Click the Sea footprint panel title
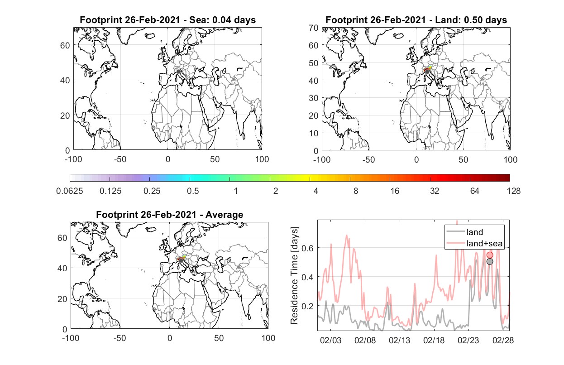(x=167, y=20)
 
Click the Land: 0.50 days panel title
(x=416, y=20)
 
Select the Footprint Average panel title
(x=170, y=215)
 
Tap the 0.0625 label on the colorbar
(x=70, y=191)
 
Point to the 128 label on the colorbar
(x=513, y=191)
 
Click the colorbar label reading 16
(x=395, y=191)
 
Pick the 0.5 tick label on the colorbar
(x=193, y=191)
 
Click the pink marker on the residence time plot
(x=490, y=255)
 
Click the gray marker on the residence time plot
(x=490, y=262)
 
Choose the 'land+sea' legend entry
(x=474, y=243)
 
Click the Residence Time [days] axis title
(x=294, y=276)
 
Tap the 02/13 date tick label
(x=399, y=340)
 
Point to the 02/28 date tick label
(x=503, y=340)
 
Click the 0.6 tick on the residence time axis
(x=308, y=248)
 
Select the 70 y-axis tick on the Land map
(x=314, y=28)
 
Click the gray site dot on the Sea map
(x=178, y=72)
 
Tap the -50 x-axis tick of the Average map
(x=119, y=338)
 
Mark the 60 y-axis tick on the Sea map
(x=65, y=45)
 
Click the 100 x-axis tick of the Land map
(x=511, y=159)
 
